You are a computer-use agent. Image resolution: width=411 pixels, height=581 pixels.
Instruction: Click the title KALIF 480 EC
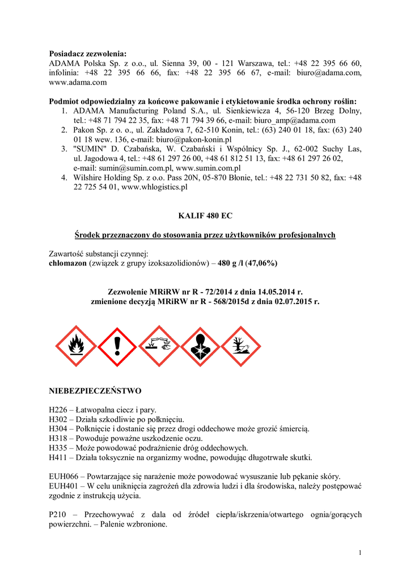tap(205, 216)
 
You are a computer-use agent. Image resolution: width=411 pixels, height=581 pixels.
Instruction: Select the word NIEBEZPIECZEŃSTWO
tap(95, 391)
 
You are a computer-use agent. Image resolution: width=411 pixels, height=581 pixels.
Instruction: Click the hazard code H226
tap(58, 410)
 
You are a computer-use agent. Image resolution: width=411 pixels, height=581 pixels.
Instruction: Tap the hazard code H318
tap(58, 439)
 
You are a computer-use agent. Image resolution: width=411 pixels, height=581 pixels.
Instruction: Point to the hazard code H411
tap(58, 457)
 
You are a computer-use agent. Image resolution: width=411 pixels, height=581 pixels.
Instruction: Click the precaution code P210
tap(57, 515)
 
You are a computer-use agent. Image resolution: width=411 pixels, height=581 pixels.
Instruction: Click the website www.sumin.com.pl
tap(208, 168)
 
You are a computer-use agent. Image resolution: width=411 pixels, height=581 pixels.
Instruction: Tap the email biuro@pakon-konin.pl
tap(189, 139)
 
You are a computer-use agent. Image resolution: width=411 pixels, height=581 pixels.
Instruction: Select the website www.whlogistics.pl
tap(154, 187)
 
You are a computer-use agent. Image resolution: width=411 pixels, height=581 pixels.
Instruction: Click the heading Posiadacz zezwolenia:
tap(87, 53)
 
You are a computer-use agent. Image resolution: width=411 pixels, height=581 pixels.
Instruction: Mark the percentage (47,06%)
tap(259, 263)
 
